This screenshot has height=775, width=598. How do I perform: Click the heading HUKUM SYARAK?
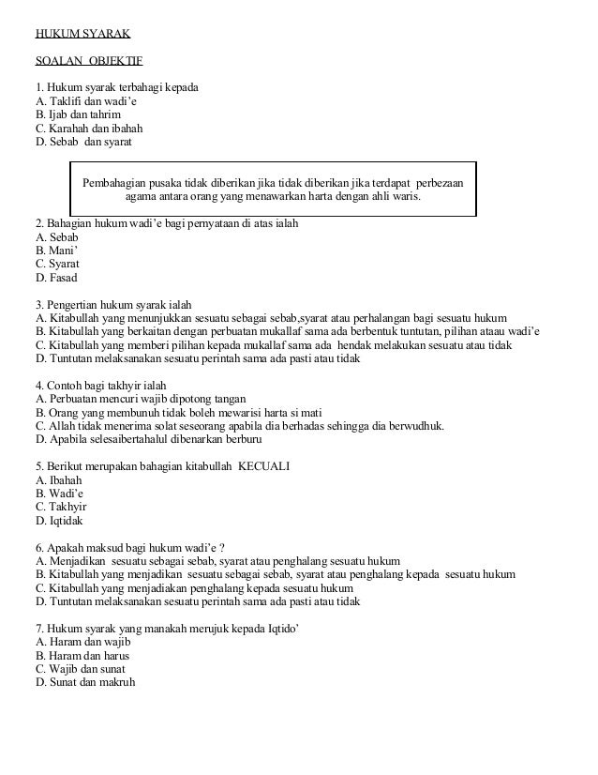(82, 37)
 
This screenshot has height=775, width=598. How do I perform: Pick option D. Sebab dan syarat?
(83, 142)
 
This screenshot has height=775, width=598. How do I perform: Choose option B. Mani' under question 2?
(55, 251)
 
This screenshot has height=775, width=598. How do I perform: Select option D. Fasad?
(56, 278)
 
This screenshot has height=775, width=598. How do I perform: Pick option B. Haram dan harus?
(82, 655)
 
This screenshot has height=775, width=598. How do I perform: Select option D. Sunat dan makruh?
(85, 681)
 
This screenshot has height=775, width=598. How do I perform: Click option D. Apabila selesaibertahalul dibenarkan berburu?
(148, 438)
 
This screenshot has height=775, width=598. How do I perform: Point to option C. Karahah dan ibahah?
(89, 129)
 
